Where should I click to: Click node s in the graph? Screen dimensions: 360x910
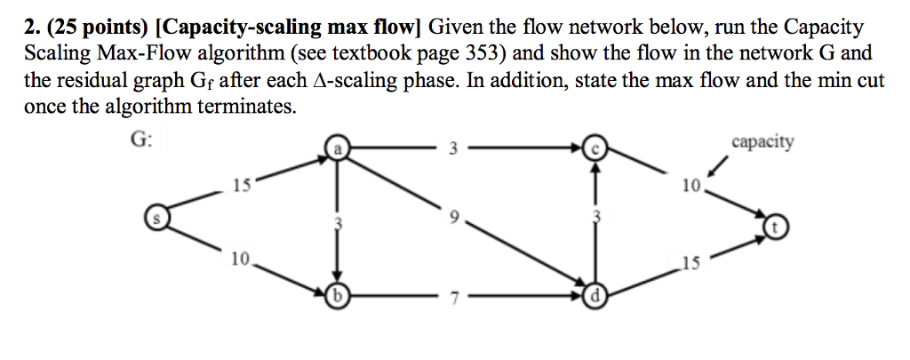pos(156,217)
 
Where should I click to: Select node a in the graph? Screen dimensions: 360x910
pos(338,150)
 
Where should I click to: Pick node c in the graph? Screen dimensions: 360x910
pos(597,150)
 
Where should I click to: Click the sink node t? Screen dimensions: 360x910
pos(774,228)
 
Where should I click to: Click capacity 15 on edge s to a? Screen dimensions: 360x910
pos(241,186)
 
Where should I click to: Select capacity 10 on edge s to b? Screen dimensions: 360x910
pos(240,259)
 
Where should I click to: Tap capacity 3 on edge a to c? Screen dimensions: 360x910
pos(452,149)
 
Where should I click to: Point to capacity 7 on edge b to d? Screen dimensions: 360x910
pos(452,297)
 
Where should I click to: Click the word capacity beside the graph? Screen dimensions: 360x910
pos(762,142)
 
